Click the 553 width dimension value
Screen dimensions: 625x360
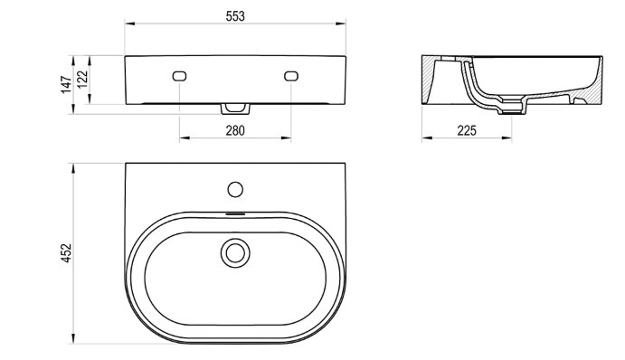click(235, 16)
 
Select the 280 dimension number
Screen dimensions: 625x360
click(235, 130)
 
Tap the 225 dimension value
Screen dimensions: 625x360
click(467, 130)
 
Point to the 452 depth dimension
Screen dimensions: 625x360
click(66, 252)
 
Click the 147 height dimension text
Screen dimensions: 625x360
click(66, 84)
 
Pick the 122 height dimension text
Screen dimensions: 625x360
click(81, 80)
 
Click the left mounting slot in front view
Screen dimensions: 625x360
click(179, 76)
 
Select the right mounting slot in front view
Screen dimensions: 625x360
click(291, 76)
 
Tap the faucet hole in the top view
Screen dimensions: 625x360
click(235, 189)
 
